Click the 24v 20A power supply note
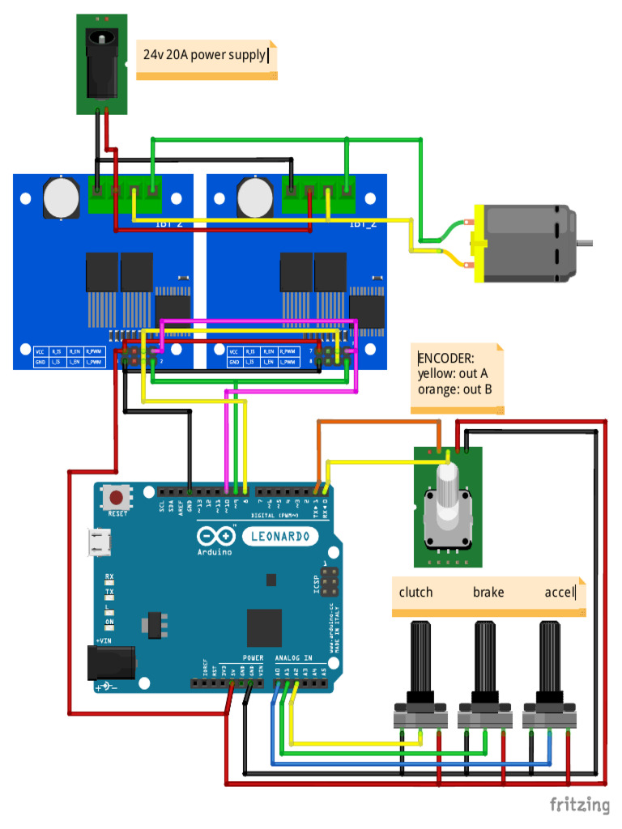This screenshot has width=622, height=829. point(206,56)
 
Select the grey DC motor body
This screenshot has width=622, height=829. point(526,244)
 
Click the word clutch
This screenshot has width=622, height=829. point(415,592)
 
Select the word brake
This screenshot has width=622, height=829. point(488,592)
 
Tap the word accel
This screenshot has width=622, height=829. point(560,592)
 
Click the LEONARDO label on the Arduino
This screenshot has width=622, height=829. point(280,536)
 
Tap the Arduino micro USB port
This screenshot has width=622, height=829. point(100,543)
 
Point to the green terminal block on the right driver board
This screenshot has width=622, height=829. point(319,193)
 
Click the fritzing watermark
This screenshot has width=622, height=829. point(579,804)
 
